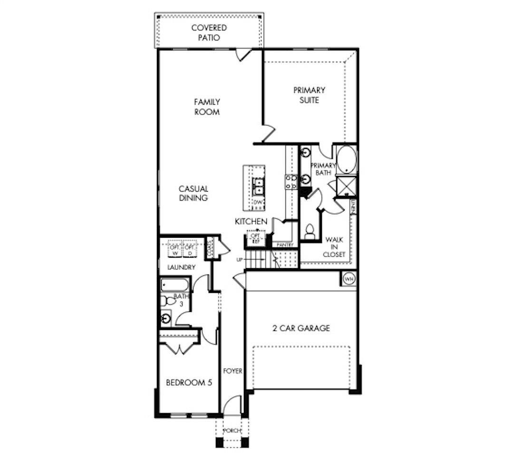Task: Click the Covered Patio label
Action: tap(209, 33)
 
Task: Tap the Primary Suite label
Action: tap(309, 95)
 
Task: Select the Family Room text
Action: tap(207, 107)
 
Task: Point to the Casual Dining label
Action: tap(194, 193)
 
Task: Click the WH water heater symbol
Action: tap(349, 279)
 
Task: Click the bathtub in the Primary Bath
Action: tap(347, 160)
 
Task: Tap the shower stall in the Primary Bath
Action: tap(347, 185)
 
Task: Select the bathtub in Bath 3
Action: tap(175, 286)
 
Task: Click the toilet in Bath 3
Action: tap(167, 301)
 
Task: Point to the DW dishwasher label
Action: tap(258, 203)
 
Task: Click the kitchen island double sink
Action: tap(258, 186)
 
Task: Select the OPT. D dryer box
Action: tap(190, 250)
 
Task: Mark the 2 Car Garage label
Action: tap(301, 328)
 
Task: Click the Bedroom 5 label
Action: tap(188, 383)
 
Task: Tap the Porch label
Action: tap(232, 431)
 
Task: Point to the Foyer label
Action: tap(233, 371)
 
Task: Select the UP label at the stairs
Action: tap(240, 260)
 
